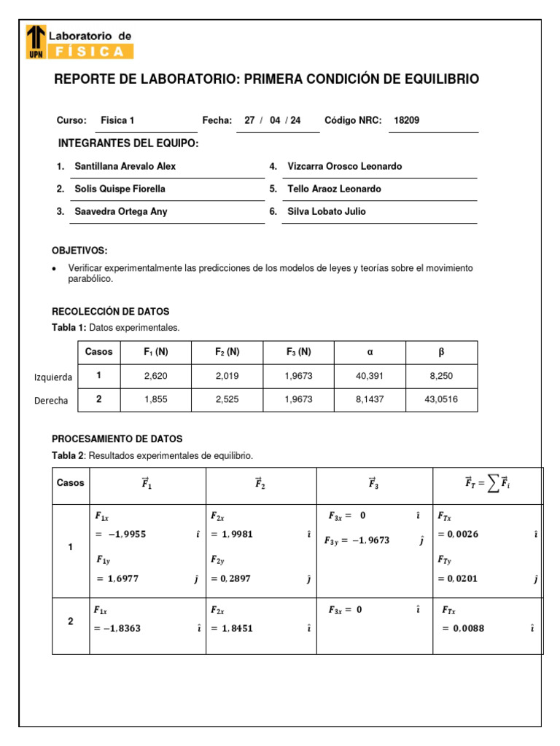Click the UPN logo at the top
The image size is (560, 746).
[x=35, y=42]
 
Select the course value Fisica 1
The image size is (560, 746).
[x=117, y=121]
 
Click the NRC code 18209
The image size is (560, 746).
[x=406, y=121]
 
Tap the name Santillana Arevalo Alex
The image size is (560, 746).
[x=125, y=166]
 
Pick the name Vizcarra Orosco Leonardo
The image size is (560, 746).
[x=344, y=166]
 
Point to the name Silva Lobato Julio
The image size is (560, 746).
[x=327, y=211]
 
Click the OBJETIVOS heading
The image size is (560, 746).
[x=79, y=251]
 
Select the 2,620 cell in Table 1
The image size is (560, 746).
[x=156, y=377]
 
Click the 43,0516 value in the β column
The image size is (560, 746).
[x=441, y=400]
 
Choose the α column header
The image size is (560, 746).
[x=370, y=352]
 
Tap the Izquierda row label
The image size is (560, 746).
[x=53, y=377]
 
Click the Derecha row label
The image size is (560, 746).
[x=51, y=401]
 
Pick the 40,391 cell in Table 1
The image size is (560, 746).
[x=370, y=377]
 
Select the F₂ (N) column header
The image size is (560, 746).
[x=227, y=352]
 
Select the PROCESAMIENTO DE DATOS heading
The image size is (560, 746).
[x=117, y=439]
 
